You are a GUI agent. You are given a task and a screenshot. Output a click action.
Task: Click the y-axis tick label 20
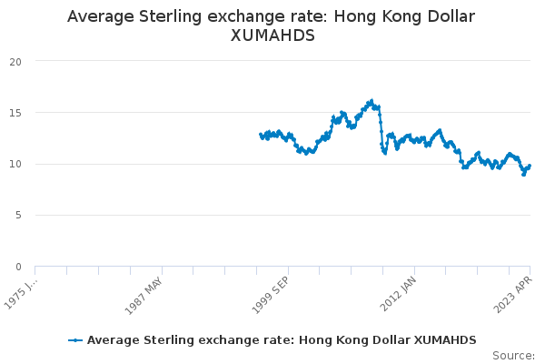coord(15,62)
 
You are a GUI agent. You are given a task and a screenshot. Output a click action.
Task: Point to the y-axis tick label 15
coord(15,113)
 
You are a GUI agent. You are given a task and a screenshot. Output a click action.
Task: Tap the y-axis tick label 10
coord(15,164)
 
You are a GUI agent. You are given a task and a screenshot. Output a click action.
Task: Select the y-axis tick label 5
coord(18,216)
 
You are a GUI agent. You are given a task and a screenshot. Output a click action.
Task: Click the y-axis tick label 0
coord(18,268)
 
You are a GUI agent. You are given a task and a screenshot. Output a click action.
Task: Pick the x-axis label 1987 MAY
coord(144,296)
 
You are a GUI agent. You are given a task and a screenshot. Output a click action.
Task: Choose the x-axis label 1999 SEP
coord(270,296)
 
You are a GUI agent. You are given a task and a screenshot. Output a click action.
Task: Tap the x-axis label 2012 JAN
coord(398,294)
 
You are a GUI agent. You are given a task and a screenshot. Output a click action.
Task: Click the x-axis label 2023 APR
coord(513,295)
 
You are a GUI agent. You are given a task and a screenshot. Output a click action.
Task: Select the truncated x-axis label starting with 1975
coord(20,294)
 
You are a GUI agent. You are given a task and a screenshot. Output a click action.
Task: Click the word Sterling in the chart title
coord(170,16)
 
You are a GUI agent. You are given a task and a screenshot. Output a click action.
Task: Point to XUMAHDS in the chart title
coord(272,35)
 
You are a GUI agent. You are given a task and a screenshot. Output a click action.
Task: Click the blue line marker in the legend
coord(75,340)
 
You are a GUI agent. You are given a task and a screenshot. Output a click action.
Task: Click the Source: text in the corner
coord(514,356)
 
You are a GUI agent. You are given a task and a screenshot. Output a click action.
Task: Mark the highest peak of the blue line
coord(372,101)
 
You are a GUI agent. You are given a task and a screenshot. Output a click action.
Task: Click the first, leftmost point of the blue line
coord(261,135)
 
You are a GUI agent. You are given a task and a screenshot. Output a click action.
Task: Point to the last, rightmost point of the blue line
coord(530,166)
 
